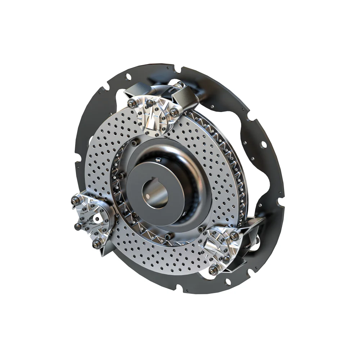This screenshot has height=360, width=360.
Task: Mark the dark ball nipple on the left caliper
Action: [x=77, y=226]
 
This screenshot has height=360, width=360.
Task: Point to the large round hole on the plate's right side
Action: [x=265, y=145]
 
